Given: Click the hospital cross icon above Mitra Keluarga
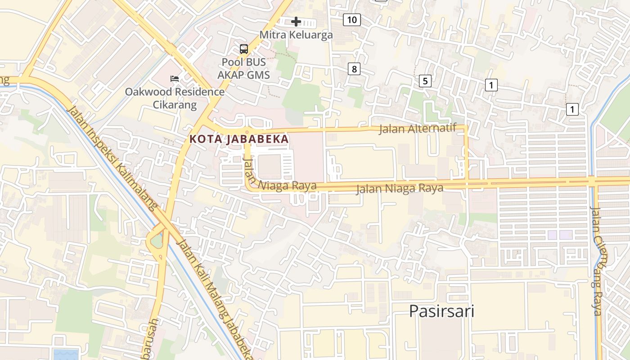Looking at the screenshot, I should [296, 22].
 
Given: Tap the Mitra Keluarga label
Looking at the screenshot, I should [296, 35].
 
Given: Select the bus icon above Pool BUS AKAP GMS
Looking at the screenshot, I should [243, 49].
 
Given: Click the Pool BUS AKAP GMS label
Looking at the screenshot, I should [243, 68].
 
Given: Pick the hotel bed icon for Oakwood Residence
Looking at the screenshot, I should [175, 79].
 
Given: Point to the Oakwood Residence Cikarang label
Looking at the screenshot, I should [174, 99].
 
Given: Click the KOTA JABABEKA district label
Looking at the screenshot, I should [239, 139].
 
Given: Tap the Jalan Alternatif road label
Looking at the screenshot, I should [418, 129].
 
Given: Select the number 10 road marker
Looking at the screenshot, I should [352, 20].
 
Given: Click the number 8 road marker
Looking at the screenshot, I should [354, 69].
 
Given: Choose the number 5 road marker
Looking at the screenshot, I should [425, 81].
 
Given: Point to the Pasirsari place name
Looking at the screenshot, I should [441, 311].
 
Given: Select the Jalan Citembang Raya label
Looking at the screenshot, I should [598, 261].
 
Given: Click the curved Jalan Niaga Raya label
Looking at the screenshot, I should [279, 180].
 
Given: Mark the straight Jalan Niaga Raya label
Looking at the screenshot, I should [400, 189].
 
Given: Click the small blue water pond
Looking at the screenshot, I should [66, 354].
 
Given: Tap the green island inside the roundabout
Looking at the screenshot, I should [156, 242].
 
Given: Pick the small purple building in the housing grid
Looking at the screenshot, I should [560, 235].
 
